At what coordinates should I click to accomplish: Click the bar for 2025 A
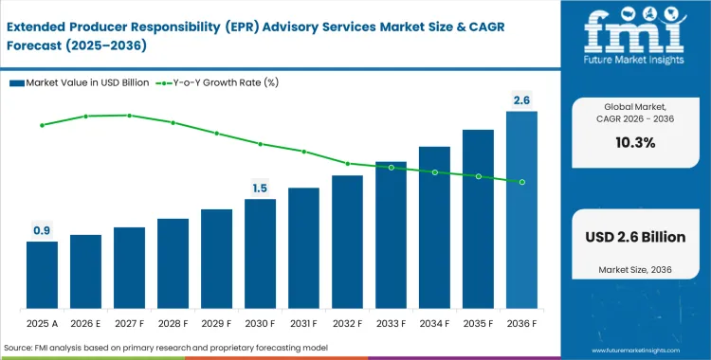tap(42, 276)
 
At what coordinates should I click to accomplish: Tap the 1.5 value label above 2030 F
tap(260, 189)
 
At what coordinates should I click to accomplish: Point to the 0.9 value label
tap(42, 230)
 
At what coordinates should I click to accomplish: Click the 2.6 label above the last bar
tap(521, 100)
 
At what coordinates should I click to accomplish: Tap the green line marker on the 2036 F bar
tap(521, 182)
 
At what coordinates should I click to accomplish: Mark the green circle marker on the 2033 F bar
tap(391, 168)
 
